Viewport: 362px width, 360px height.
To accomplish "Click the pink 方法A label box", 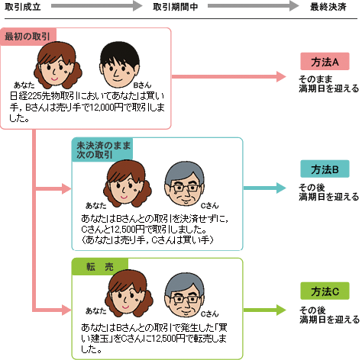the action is pos(325,61).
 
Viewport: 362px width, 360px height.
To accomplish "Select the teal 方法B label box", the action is pos(325,169).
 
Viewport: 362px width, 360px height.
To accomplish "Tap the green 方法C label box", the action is pos(325,291).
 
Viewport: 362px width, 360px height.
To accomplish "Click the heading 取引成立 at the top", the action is pos(23,7).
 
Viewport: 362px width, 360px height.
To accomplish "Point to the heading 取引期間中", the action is pos(176,7).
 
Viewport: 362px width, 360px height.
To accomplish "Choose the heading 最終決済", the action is pos(328,7).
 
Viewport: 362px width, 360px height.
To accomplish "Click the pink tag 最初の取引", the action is pos(28,37).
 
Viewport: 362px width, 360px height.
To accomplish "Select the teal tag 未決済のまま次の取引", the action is pos(102,149).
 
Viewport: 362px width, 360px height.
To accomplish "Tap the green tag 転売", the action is pos(100,267).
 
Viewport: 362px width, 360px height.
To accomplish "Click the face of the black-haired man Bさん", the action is pos(119,66).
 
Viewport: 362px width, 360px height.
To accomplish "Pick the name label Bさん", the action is pos(142,85).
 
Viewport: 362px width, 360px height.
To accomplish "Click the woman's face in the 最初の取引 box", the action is pos(58,66).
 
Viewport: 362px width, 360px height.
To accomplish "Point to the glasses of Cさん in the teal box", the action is pos(185,188).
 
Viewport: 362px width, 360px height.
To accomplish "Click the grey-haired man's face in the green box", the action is pos(185,295).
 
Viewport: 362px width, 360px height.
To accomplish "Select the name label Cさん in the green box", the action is pos(209,314).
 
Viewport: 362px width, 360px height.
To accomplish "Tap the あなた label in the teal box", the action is pos(95,205).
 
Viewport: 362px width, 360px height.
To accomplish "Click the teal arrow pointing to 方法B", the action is pos(265,188).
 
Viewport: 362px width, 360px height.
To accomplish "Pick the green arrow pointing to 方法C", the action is pos(265,310).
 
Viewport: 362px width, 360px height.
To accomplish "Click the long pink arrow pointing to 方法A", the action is pos(229,76).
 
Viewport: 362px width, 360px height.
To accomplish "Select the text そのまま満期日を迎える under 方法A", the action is pos(328,84).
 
